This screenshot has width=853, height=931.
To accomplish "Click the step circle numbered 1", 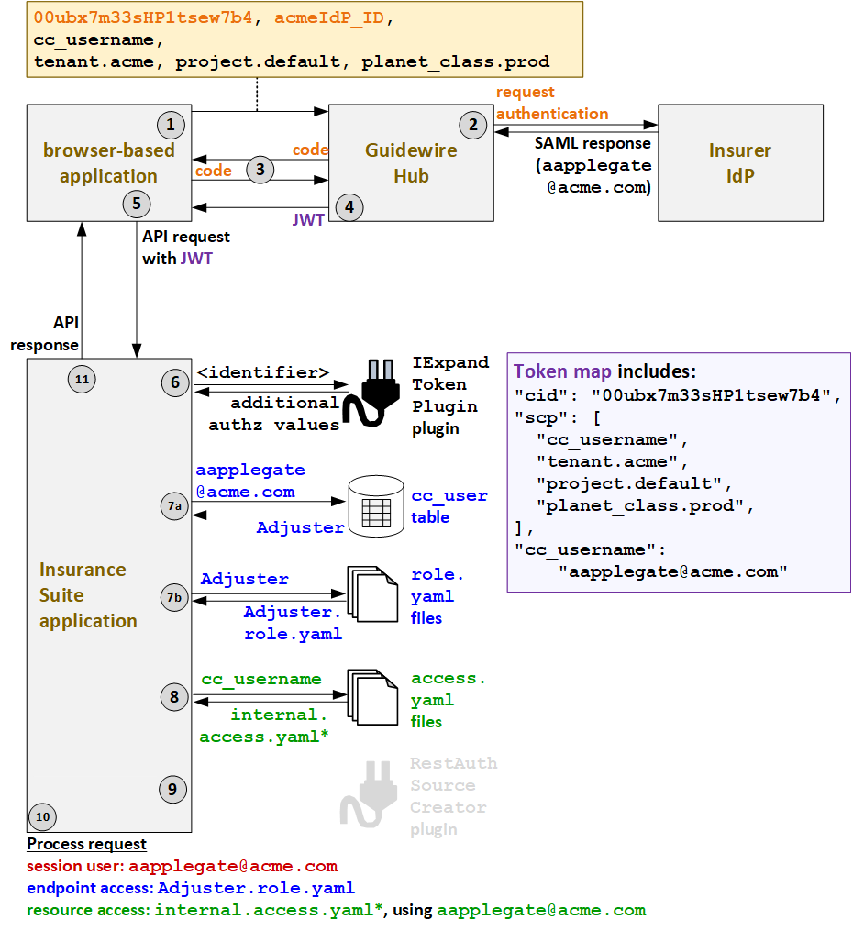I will [170, 124].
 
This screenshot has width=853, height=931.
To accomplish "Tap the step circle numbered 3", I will [260, 169].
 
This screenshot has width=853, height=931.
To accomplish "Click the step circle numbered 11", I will [82, 378].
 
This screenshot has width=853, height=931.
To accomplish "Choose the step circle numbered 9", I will [172, 788].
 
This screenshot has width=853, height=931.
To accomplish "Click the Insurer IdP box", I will [739, 162].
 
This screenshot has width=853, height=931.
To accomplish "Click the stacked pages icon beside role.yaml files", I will [371, 595].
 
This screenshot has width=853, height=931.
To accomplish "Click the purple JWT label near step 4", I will [307, 221].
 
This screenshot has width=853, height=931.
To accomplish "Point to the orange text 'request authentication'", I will [551, 103].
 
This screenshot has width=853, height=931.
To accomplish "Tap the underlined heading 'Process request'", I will [86, 844].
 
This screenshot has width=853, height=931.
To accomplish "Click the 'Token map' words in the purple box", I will [562, 371].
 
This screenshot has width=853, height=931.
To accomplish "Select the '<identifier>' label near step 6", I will [263, 372].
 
